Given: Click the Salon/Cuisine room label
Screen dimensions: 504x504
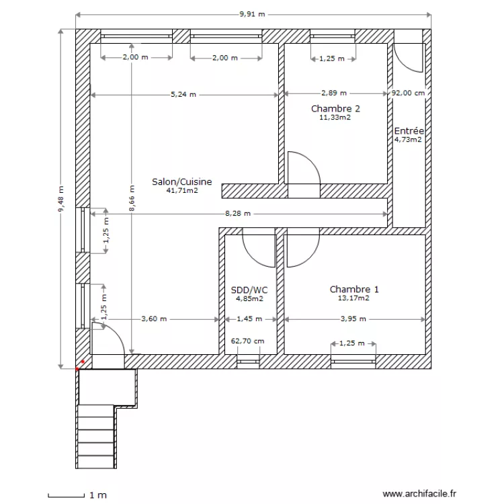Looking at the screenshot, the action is (182, 182).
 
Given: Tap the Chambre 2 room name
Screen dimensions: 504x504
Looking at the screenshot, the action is (335, 109).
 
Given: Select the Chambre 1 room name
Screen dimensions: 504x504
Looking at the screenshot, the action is (354, 289).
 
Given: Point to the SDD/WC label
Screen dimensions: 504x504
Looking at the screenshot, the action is (249, 290).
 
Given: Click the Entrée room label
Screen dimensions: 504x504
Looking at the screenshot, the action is (409, 131).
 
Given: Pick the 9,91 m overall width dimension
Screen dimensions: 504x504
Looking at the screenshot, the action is (252, 14).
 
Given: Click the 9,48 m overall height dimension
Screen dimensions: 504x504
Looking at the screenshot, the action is (60, 199).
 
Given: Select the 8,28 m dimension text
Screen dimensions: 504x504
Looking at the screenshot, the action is (238, 214).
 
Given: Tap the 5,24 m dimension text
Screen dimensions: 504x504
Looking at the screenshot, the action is (183, 95).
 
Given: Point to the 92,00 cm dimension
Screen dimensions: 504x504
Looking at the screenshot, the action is (408, 93).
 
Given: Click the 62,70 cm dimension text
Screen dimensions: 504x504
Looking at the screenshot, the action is (247, 341).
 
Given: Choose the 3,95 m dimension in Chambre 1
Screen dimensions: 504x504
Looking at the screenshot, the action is (353, 319).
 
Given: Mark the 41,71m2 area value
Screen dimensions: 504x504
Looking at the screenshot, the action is (182, 190).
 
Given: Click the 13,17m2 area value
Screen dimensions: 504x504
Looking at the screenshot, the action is (353, 298).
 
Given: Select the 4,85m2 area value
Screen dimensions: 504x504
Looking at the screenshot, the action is (250, 298).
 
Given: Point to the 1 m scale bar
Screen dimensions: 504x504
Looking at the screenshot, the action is (67, 496).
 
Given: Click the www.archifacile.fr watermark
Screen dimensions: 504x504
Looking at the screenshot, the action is (419, 493).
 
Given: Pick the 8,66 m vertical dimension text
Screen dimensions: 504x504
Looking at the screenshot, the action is (132, 198).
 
